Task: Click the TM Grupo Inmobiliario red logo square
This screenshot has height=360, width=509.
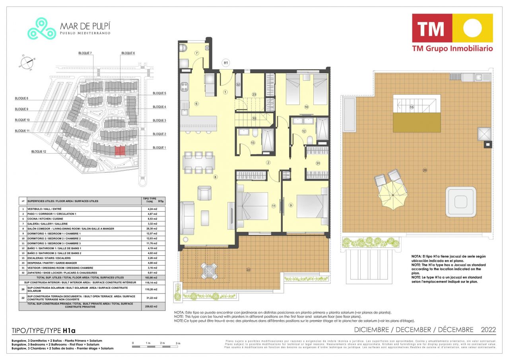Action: point(432,28)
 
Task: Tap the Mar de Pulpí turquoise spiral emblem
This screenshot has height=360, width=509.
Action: point(42,29)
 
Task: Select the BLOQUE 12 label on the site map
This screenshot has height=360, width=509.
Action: point(39,152)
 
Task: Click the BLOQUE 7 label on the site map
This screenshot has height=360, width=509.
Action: point(85,53)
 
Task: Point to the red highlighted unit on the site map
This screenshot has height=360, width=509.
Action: point(120,150)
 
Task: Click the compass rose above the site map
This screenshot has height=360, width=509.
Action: point(27,62)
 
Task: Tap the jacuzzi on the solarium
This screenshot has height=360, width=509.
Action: point(461,200)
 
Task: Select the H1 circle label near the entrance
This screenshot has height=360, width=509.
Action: point(226,62)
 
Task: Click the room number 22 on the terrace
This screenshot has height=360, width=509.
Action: point(249,270)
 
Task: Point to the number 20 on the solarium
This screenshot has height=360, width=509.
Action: point(425,170)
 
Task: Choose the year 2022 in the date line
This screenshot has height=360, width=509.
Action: point(488,330)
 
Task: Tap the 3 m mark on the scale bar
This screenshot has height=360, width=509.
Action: point(178,343)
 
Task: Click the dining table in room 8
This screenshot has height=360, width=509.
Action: point(198,162)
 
